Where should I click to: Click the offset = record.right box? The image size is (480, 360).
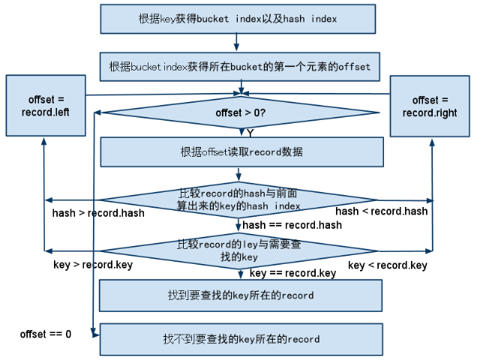coord(430,106)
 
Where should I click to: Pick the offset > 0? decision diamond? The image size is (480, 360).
coord(240,113)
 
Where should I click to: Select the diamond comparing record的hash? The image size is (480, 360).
coord(238,199)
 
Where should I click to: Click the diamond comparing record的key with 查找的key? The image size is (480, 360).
coord(238,250)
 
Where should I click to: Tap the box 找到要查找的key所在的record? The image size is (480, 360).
coord(241,295)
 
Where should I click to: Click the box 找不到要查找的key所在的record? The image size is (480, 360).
coord(241,339)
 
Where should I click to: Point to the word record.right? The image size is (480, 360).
coord(430,112)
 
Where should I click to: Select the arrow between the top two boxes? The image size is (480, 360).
coord(237,43)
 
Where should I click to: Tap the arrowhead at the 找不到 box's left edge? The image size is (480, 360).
coord(94,337)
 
